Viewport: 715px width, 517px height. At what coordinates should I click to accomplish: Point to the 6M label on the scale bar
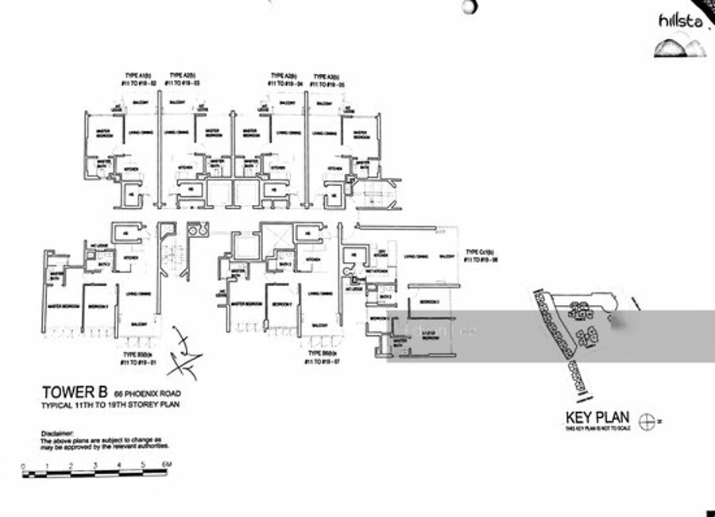point(168,465)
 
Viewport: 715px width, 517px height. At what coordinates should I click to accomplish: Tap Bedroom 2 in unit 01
point(98,306)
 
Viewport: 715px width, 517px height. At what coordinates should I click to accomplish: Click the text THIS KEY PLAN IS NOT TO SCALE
point(597,429)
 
